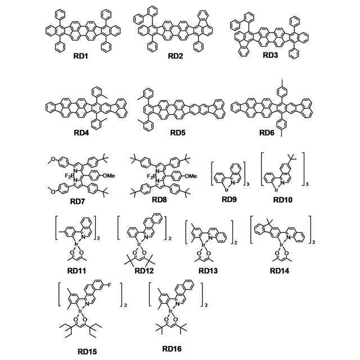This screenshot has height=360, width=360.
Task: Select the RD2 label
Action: coord(177,57)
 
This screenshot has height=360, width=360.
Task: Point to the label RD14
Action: coord(282,271)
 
